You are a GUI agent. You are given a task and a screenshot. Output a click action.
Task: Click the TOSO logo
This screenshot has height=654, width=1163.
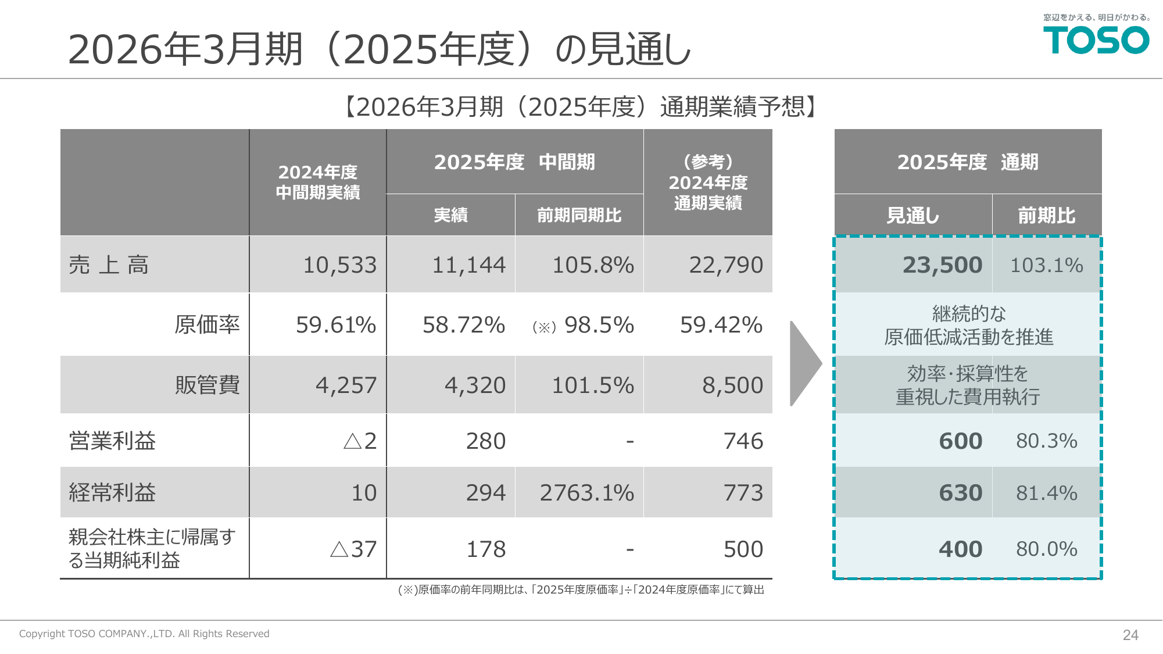coord(1096,40)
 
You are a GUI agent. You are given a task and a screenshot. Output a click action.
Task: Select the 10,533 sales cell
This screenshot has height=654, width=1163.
coord(339,265)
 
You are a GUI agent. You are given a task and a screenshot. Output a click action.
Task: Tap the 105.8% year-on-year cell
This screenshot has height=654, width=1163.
coord(592,265)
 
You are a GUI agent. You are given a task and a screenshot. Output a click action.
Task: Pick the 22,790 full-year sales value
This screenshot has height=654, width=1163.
coord(725,265)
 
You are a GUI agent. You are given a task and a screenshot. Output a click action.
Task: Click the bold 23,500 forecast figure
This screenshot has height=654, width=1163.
coord(942,265)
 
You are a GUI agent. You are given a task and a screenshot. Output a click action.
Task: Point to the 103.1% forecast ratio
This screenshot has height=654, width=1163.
coord(1046,265)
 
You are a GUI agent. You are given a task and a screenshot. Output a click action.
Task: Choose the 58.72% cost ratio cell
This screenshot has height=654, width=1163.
coord(463,325)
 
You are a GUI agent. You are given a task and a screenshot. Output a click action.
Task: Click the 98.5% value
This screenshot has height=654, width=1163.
coord(599,325)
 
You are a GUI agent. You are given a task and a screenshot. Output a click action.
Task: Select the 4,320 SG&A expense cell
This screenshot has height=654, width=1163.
coord(475,385)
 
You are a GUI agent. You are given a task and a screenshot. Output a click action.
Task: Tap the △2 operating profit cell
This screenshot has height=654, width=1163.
coord(360,441)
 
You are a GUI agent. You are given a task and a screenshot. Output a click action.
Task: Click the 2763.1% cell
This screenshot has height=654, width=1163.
coord(586,493)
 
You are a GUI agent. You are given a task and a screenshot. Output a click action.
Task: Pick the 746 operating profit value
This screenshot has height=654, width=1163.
coord(743,441)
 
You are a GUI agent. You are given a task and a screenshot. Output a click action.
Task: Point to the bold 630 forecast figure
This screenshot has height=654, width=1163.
coord(960,493)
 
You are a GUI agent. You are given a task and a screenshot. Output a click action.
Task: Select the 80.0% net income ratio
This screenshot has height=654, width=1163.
coord(1046,549)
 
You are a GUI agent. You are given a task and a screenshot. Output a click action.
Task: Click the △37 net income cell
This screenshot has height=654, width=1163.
coord(353,549)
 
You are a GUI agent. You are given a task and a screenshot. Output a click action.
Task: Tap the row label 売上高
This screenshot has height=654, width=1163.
coord(109,265)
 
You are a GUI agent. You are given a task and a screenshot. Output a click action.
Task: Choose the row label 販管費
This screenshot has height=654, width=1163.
coord(207,385)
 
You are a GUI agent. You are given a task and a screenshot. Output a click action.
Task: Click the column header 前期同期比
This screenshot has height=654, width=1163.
coord(579,215)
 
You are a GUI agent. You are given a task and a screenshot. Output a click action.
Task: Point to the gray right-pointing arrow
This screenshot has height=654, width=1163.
coord(804,363)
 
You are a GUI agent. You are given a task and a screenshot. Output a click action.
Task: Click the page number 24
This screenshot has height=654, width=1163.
coord(1130,635)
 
